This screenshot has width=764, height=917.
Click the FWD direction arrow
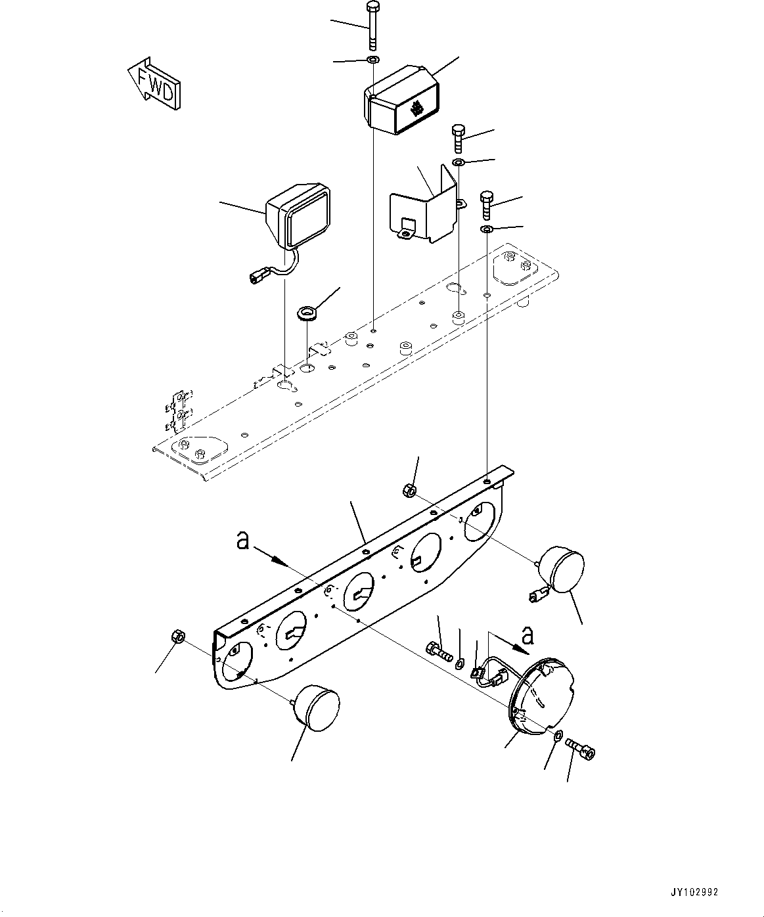pyautogui.click(x=154, y=83)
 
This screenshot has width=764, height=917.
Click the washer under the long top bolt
pyautogui.click(x=373, y=60)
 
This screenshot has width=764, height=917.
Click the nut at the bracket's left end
pyautogui.click(x=177, y=635)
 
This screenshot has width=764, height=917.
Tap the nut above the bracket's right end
pyautogui.click(x=407, y=489)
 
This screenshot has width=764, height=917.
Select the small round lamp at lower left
pyautogui.click(x=315, y=706)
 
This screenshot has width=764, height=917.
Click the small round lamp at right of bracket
pyautogui.click(x=562, y=569)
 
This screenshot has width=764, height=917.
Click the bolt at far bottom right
pyautogui.click(x=580, y=749)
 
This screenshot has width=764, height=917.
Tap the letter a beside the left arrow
pyautogui.click(x=243, y=541)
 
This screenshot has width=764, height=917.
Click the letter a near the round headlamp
pyautogui.click(x=527, y=635)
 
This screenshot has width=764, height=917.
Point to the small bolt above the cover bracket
pyautogui.click(x=459, y=138)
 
